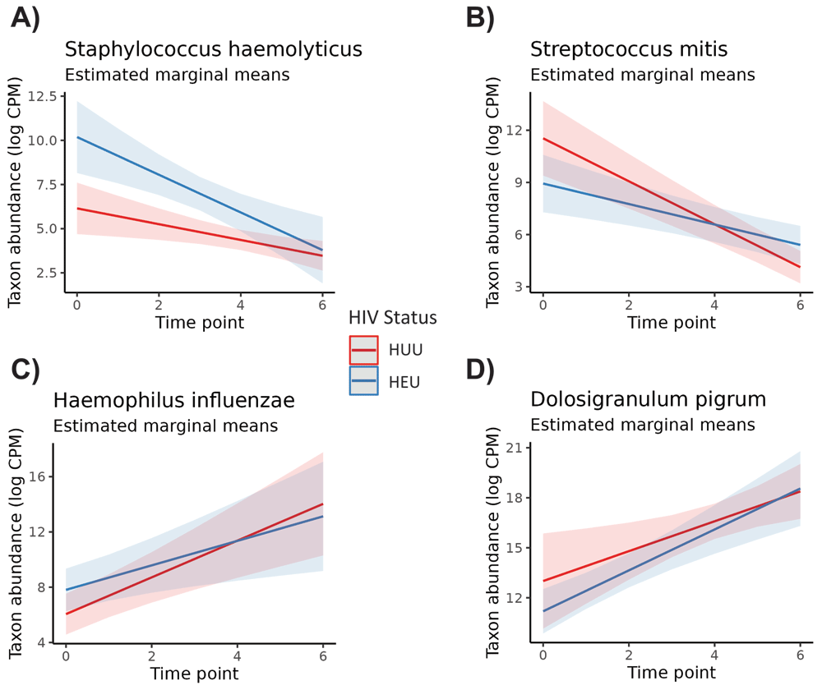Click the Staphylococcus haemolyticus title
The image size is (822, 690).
pyautogui.click(x=214, y=49)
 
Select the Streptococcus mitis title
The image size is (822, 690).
pyautogui.click(x=629, y=49)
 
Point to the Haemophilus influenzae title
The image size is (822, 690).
pyautogui.click(x=174, y=401)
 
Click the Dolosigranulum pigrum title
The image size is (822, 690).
pyautogui.click(x=649, y=400)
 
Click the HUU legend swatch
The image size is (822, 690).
pyautogui.click(x=364, y=350)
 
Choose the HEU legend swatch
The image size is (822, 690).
pyautogui.click(x=364, y=381)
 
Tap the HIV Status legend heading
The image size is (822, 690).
pyautogui.click(x=393, y=318)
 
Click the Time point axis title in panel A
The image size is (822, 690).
pyautogui.click(x=200, y=322)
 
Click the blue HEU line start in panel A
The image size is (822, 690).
pyautogui.click(x=76, y=137)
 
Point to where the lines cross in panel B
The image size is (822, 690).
pyautogui.click(x=716, y=225)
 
